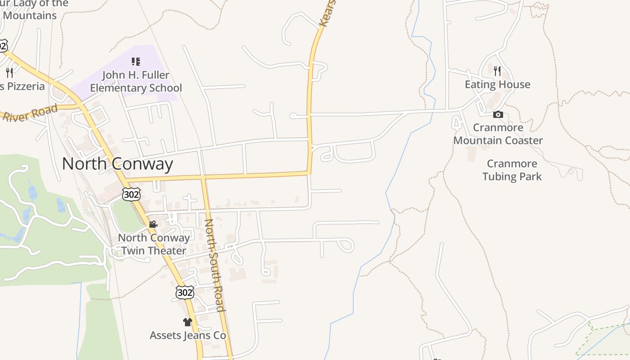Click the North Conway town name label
pos(117,164)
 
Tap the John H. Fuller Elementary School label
pos(136,81)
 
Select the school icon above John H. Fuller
pos(136,62)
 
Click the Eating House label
pos(497,85)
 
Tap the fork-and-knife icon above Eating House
pos(497,71)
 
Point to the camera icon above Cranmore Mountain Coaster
pos(498,115)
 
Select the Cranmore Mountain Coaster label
pos(498,134)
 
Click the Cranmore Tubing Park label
pos(512,170)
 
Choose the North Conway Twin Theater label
pos(154,244)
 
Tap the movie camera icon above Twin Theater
pos(153,224)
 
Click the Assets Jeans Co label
pos(188,335)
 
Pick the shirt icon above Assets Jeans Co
pos(188,322)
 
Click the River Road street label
pos(31,112)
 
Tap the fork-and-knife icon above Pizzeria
pos(9,72)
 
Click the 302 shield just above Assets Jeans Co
pos(184,292)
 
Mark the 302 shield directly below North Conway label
pos(131,194)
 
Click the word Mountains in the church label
pos(30,15)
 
